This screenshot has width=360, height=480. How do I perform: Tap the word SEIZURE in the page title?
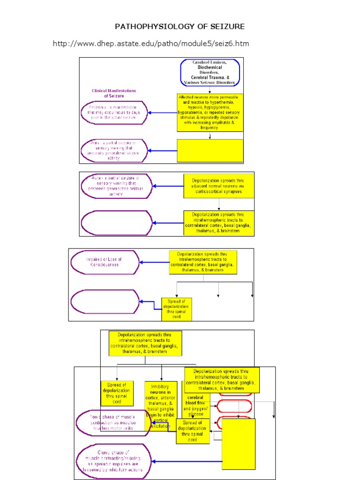coord(228,26)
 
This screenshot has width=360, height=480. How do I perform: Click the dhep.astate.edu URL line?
coord(150,44)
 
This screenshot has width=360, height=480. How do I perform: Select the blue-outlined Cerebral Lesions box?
coord(210,73)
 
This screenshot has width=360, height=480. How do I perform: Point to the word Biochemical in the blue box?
coord(210,67)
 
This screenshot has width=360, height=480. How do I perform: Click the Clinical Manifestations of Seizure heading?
coord(113,93)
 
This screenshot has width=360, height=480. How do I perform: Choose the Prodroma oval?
coord(114,112)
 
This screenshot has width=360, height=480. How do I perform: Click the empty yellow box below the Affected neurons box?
coord(210,150)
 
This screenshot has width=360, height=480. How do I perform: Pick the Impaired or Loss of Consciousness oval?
coord(105,262)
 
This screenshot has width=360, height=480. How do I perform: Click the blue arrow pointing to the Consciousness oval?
coord(154,262)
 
